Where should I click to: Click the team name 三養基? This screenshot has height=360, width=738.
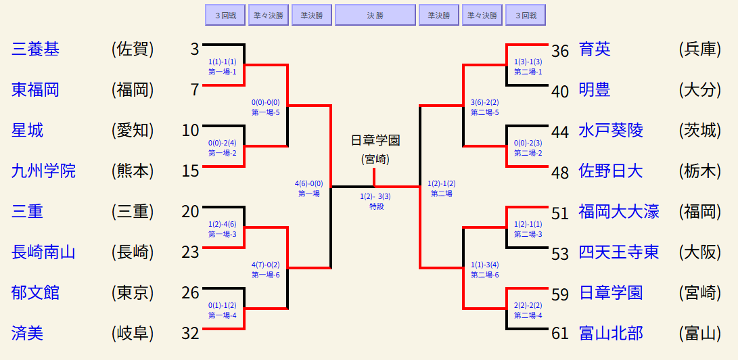tap(36, 49)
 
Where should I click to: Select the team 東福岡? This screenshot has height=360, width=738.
tap(36, 89)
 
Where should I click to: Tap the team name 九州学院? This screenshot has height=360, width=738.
tap(44, 171)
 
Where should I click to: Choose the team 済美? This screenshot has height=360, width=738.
tap(28, 333)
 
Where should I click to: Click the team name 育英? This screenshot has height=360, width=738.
tap(595, 49)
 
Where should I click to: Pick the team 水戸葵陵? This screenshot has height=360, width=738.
tap(611, 130)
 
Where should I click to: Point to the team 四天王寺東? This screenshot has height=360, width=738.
tap(619, 252)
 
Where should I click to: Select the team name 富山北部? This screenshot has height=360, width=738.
tap(611, 333)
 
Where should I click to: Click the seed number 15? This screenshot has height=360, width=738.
tap(191, 171)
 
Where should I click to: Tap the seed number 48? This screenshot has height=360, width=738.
tap(560, 172)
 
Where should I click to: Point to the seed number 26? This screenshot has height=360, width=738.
tap(191, 292)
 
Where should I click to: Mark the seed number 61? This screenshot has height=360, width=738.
tap(560, 333)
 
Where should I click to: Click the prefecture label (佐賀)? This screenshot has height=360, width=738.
tap(133, 49)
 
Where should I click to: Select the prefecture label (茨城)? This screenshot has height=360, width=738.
tap(699, 130)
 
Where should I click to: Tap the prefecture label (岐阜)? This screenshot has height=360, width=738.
tap(133, 333)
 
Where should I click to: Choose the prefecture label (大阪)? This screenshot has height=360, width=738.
tap(699, 252)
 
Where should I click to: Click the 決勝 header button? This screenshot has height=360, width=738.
tap(375, 14)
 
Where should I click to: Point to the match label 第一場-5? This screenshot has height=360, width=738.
tap(266, 112)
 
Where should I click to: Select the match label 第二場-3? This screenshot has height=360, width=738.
tap(528, 234)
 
